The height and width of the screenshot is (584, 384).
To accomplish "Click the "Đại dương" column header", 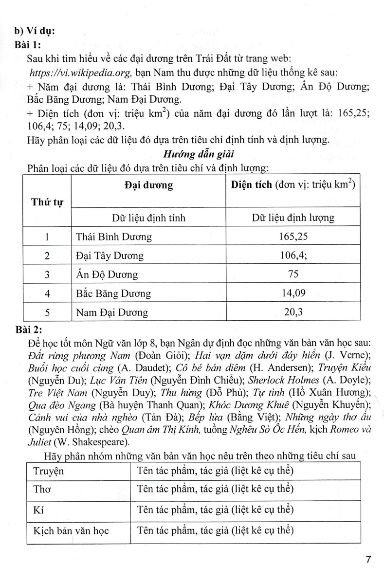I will [x=148, y=185].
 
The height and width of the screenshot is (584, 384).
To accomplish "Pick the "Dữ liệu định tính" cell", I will [x=148, y=218].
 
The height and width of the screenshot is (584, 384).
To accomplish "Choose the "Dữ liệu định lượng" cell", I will [x=293, y=218].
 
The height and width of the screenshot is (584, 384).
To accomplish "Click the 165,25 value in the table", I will [x=293, y=237].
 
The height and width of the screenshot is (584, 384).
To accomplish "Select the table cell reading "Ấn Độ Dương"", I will [x=107, y=274].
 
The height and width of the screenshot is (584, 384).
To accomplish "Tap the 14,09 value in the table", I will [x=293, y=293].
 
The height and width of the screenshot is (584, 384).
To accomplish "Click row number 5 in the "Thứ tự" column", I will [x=47, y=312].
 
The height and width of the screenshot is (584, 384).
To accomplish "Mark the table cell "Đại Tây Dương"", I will [x=110, y=255].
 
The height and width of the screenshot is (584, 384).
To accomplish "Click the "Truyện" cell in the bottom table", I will [x=49, y=471].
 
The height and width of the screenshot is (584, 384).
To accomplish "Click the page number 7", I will [x=368, y=559].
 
